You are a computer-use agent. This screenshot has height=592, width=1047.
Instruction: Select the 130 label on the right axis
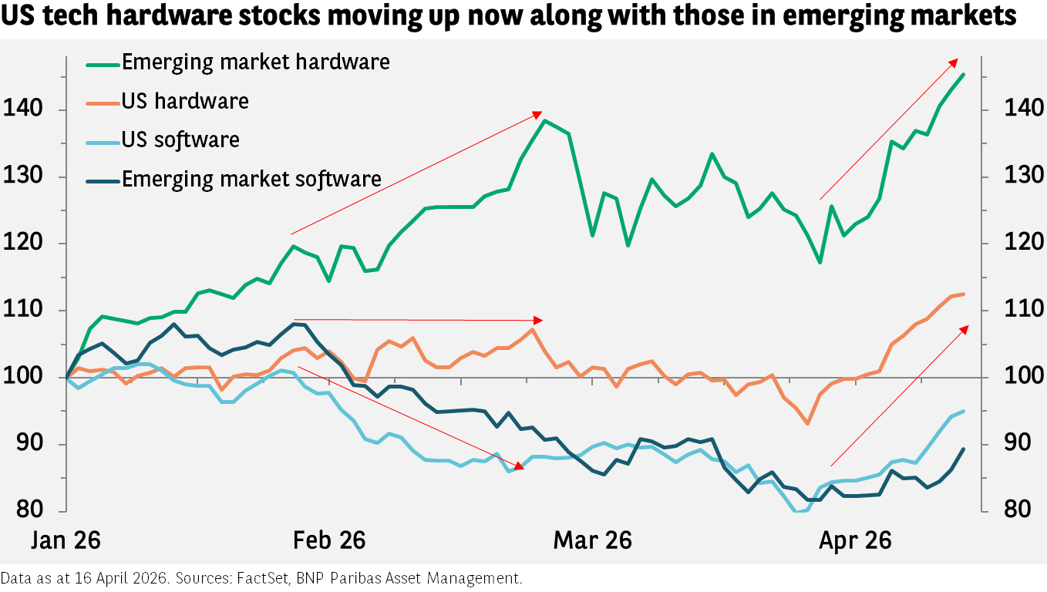(1023, 176)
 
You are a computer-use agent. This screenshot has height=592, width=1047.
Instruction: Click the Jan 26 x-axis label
(66, 540)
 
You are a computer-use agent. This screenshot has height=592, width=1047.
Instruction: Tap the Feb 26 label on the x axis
(329, 540)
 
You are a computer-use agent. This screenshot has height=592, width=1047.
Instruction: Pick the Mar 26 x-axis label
(592, 540)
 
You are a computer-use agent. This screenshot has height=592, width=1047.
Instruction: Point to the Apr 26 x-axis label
(855, 540)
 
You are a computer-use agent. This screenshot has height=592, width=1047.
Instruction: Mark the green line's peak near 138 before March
(544, 120)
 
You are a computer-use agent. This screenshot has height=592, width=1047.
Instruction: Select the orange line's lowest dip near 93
(808, 423)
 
